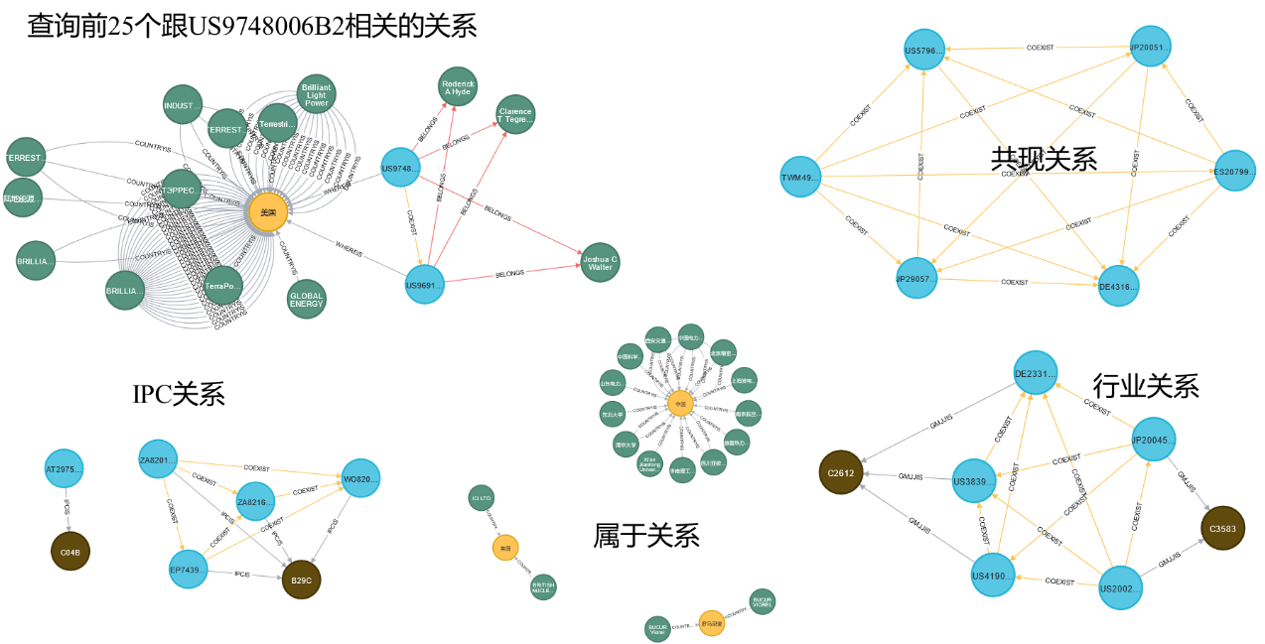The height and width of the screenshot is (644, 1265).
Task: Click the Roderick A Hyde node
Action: point(458,86)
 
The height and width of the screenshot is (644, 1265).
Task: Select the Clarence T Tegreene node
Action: point(514,115)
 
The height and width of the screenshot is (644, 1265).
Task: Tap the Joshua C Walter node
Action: point(600,262)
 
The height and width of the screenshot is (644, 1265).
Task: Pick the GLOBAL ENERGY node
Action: point(306,299)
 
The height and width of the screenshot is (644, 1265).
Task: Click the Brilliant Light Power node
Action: point(316,94)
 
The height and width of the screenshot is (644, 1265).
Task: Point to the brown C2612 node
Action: point(840,472)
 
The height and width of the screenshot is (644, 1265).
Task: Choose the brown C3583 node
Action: point(1222,528)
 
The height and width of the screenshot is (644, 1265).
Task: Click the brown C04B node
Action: point(70,551)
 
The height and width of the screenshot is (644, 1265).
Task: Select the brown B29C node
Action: point(301,580)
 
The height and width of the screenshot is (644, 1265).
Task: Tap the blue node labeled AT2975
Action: point(64,468)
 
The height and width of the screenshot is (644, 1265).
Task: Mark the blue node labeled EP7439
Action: point(188,570)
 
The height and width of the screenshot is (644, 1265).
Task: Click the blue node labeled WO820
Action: point(360,478)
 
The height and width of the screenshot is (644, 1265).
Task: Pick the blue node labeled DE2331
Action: point(1036,373)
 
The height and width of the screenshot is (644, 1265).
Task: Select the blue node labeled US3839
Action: point(974,481)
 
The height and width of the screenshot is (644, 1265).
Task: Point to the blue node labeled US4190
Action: point(993,575)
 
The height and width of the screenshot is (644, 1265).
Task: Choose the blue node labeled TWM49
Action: point(800,177)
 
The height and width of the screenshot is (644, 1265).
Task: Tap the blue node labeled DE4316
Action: point(1118,286)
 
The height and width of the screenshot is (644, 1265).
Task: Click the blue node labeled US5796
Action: point(924,50)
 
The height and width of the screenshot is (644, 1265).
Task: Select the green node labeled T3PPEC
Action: point(181,189)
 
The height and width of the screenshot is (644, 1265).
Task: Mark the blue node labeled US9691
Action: point(424,285)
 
